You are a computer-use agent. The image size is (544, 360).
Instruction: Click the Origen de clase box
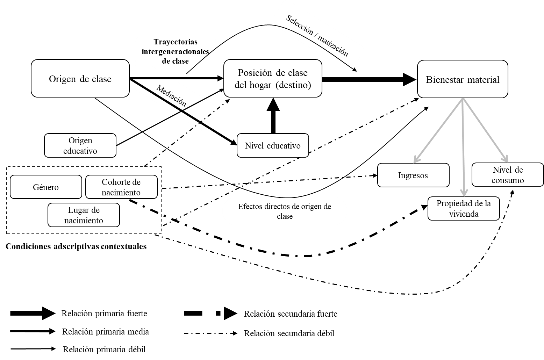(x=80, y=79)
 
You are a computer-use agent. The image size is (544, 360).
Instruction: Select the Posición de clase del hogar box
(x=273, y=79)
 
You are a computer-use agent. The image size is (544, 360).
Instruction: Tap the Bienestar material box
(x=463, y=79)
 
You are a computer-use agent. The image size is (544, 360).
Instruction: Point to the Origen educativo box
(x=80, y=145)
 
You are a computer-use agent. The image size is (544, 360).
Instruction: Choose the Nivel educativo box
(x=273, y=145)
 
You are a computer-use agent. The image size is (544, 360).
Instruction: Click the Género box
(x=46, y=187)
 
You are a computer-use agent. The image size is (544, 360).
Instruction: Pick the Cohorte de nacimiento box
(x=121, y=187)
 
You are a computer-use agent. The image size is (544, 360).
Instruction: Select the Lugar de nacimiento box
(x=84, y=215)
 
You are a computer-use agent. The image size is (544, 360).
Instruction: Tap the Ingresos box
(x=413, y=175)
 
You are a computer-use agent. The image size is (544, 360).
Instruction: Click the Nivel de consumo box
(x=508, y=175)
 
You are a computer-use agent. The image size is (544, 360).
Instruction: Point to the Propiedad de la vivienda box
(x=464, y=208)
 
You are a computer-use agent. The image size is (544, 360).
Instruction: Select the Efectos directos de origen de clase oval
(x=285, y=211)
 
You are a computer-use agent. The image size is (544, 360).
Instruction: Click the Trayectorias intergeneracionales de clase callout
(x=175, y=51)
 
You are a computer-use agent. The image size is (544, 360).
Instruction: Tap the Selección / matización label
(x=317, y=36)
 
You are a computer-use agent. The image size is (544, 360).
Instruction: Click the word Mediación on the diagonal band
(x=171, y=96)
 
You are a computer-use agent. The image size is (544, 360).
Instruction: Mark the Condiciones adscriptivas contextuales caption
(x=76, y=246)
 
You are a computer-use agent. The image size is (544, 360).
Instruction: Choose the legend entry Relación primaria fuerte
(x=104, y=314)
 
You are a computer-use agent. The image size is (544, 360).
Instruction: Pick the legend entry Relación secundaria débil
(x=289, y=333)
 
